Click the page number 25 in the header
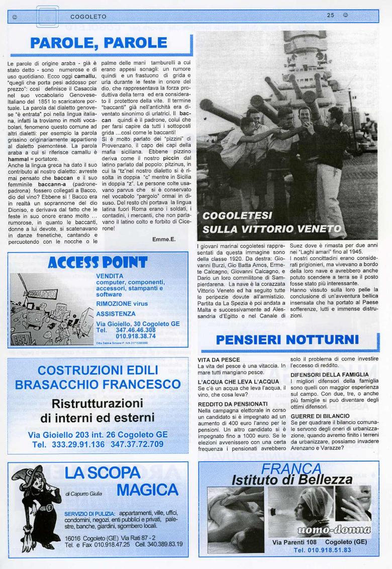click(x=330, y=16)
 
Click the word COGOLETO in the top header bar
click(x=88, y=16)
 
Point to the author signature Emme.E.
click(x=163, y=239)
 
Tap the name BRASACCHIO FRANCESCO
click(x=98, y=385)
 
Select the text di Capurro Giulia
click(x=83, y=494)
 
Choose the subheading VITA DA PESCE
click(x=219, y=360)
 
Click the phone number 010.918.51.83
click(x=322, y=550)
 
